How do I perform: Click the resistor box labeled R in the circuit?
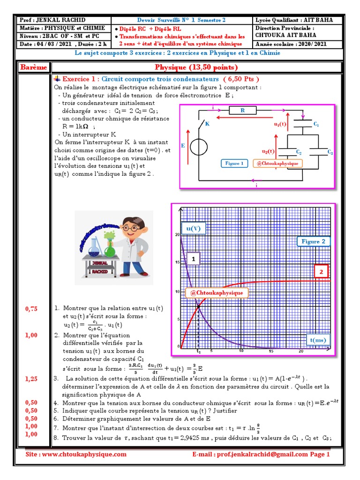pos(243,111)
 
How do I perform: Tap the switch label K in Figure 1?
pos(207,124)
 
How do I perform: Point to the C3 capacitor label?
pos(330,153)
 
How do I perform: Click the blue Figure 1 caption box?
pos(234,164)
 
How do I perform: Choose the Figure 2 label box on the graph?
pos(313,241)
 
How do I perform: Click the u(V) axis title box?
pos(194,228)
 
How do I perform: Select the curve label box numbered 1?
pos(193,258)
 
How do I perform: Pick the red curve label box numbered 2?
pos(321,271)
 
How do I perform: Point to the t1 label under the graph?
pos(198,351)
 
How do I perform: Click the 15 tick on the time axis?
pos(270,351)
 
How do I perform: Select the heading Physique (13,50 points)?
pos(196,67)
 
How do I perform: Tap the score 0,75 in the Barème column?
pos(31,308)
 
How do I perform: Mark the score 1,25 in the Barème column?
pos(31,378)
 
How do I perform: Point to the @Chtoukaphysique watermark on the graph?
pos(216,293)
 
